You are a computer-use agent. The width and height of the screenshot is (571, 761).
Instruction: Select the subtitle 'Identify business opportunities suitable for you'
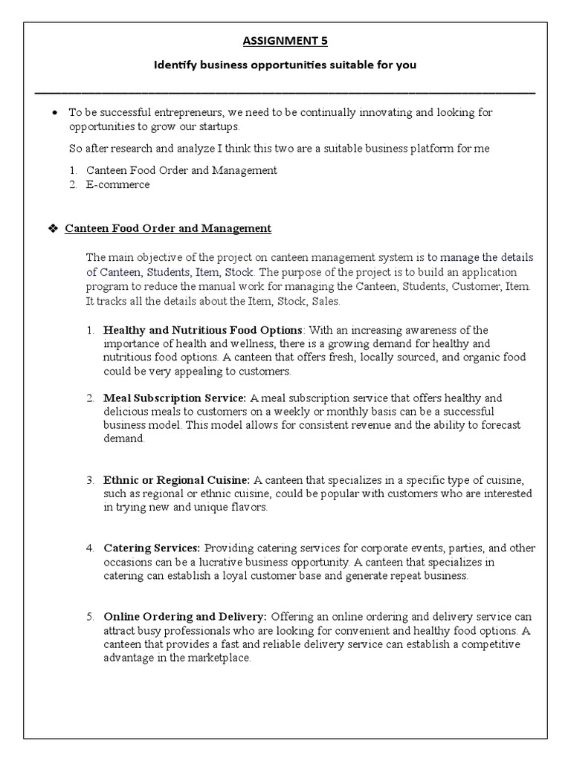[x=285, y=65]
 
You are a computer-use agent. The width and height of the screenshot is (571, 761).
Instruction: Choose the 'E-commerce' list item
[x=117, y=184]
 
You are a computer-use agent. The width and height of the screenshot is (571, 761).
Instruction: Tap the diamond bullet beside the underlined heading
[x=52, y=228]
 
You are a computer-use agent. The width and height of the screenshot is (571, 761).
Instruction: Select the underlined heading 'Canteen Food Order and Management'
[x=168, y=228]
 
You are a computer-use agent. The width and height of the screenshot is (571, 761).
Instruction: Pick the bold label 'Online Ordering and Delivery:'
[x=185, y=617]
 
